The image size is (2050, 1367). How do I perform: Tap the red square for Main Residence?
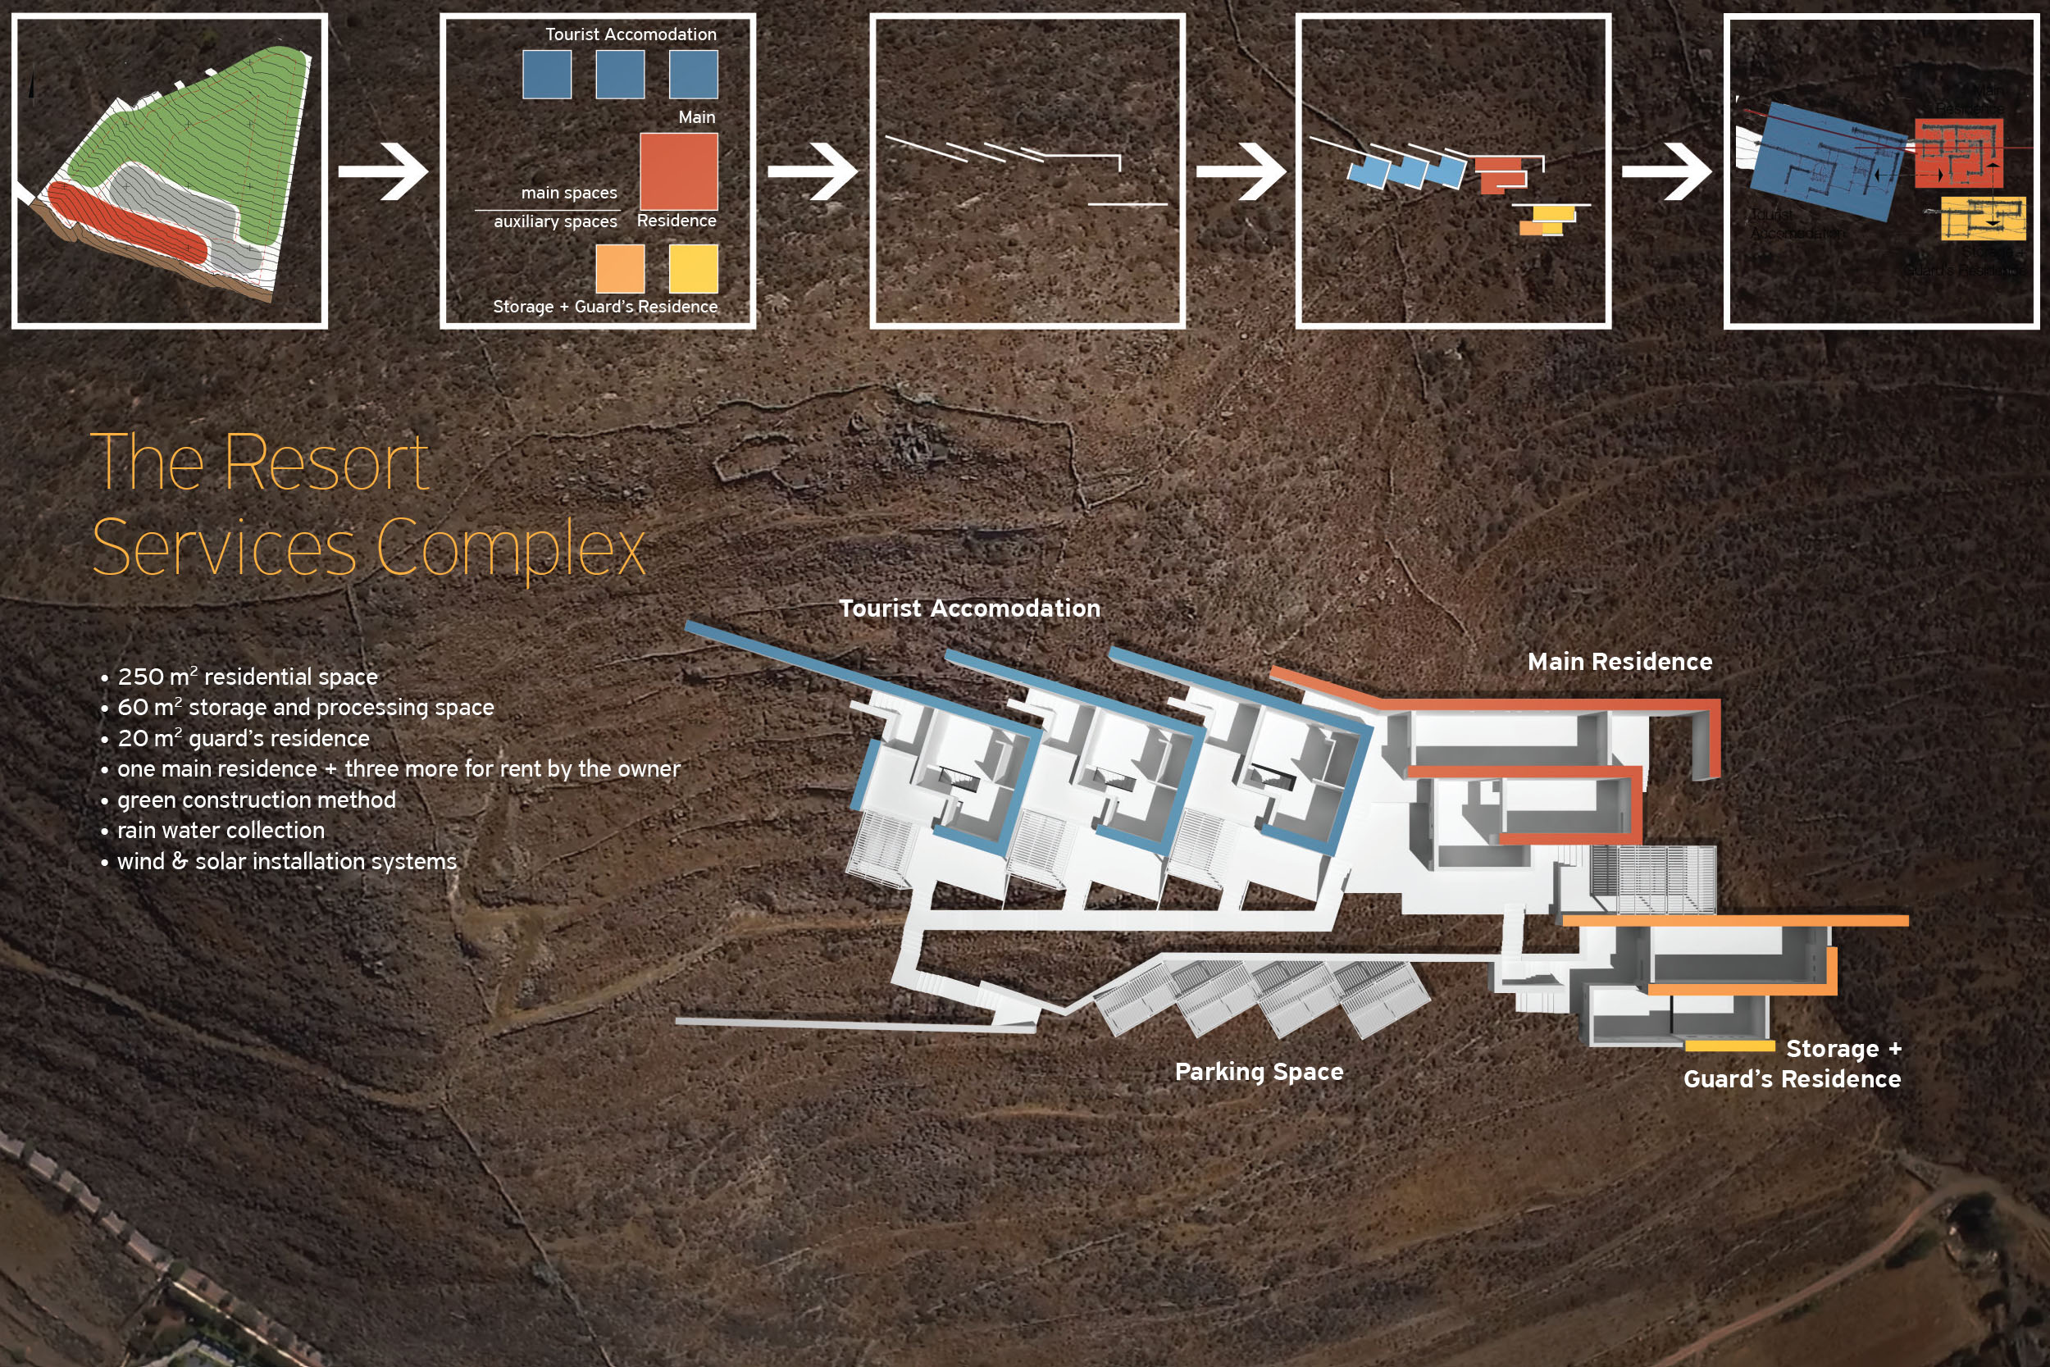[678, 171]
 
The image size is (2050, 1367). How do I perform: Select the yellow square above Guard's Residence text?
[693, 267]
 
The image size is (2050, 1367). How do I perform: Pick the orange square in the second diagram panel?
[620, 267]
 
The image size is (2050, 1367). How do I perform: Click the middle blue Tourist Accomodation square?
[620, 74]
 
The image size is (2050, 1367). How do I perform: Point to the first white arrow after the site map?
[383, 171]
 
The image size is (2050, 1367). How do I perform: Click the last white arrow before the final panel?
[1665, 171]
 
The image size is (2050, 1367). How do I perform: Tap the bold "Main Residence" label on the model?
[1619, 662]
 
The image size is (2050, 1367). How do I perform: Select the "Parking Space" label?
[1259, 1072]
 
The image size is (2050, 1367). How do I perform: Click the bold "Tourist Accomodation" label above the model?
[969, 608]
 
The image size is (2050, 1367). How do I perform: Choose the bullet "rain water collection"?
[221, 830]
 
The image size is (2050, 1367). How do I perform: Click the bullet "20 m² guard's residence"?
[244, 738]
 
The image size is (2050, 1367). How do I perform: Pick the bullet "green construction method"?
[256, 800]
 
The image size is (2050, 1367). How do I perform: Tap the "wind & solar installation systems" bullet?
[287, 861]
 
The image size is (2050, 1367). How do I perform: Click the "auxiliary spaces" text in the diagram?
[555, 221]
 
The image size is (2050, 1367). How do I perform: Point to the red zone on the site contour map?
[126, 222]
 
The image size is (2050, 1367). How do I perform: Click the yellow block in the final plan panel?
[1982, 218]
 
